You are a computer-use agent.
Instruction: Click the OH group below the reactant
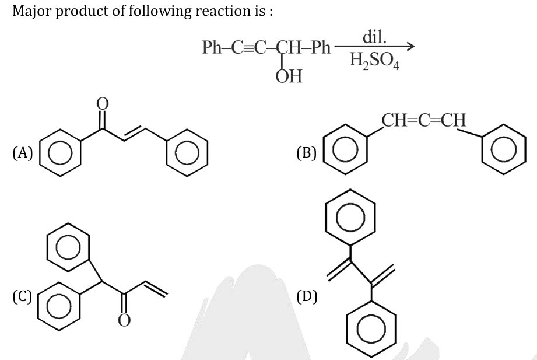[289, 76]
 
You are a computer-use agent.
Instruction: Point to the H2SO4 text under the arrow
[372, 61]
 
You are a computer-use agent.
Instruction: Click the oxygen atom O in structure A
[103, 103]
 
